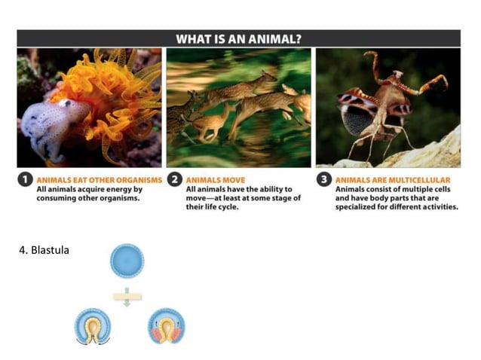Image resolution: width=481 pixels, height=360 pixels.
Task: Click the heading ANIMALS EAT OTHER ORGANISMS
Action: tap(99, 180)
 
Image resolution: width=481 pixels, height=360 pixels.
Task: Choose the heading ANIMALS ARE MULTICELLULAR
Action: tap(392, 180)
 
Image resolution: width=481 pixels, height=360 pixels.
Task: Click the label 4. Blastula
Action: tap(43, 250)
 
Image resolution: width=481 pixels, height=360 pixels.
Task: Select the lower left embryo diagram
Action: tap(93, 326)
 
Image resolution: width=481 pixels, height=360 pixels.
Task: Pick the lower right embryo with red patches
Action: tap(166, 326)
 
